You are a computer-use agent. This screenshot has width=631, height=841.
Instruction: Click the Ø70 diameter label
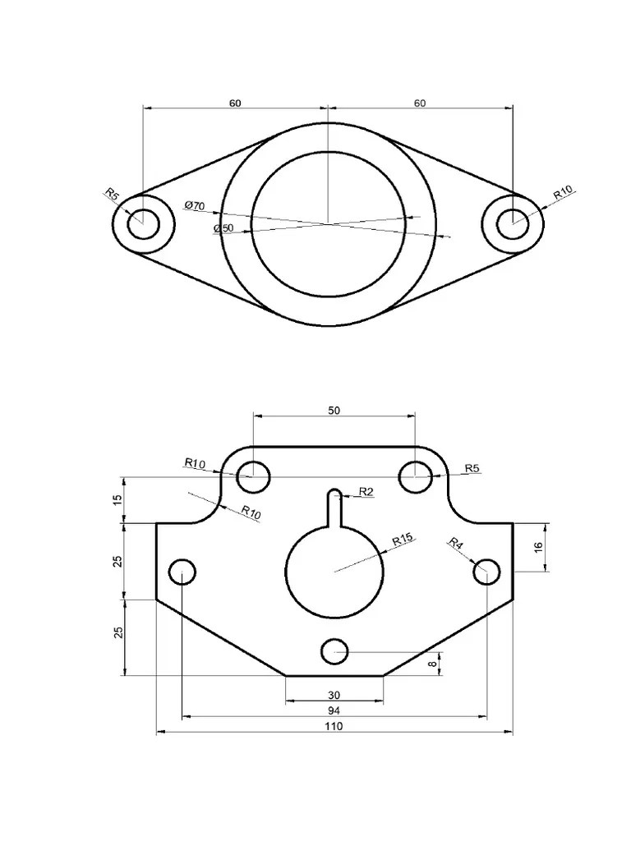[x=194, y=205]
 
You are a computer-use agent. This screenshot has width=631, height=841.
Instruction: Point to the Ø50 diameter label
[x=223, y=228]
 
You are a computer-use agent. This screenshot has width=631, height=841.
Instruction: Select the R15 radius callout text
[x=404, y=540]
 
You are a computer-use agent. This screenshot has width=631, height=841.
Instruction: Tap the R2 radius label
[x=366, y=491]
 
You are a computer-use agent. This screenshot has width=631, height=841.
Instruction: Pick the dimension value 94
[x=334, y=710]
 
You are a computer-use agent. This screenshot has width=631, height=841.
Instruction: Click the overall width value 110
[x=334, y=726]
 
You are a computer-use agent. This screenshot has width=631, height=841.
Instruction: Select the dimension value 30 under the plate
[x=334, y=695]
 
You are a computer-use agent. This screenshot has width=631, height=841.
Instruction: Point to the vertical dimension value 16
[x=539, y=547]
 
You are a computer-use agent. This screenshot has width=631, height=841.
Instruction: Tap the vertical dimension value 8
[x=432, y=664]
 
